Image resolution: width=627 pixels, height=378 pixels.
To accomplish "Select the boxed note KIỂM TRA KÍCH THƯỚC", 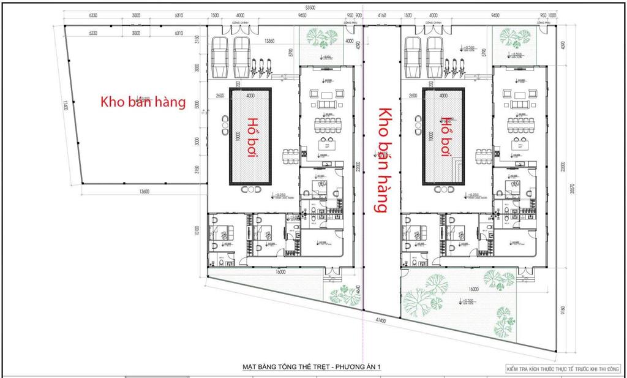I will click(563, 369).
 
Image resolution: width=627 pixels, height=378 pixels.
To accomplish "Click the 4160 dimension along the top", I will click(382, 15).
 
